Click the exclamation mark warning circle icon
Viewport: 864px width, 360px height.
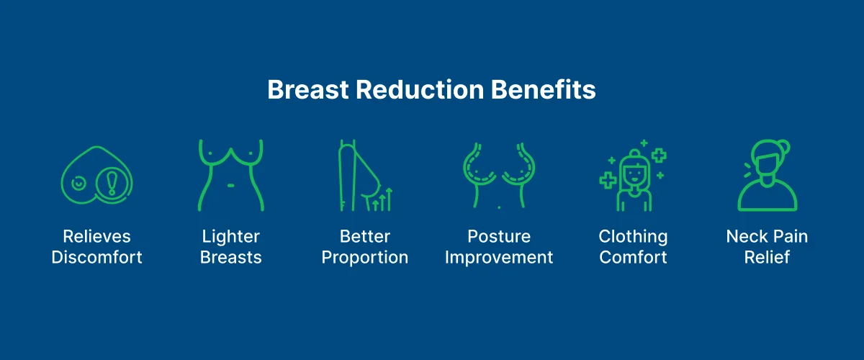coord(112,184)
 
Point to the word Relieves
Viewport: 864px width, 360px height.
coord(96,236)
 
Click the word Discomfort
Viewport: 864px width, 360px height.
coord(96,257)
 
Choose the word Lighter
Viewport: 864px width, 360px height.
coord(230,236)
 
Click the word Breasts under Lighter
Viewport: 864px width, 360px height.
coord(230,257)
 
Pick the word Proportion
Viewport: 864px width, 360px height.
coord(365,257)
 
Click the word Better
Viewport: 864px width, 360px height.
coord(365,236)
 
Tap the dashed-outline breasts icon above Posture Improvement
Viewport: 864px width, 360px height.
coord(499,173)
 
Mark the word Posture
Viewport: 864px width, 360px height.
coord(499,236)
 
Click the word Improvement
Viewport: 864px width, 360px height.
coord(499,257)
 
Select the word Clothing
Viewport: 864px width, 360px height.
coord(634,236)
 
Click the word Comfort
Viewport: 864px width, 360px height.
coord(634,257)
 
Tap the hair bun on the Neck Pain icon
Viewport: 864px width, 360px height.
coord(783,146)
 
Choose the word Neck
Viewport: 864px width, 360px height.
coord(744,236)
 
